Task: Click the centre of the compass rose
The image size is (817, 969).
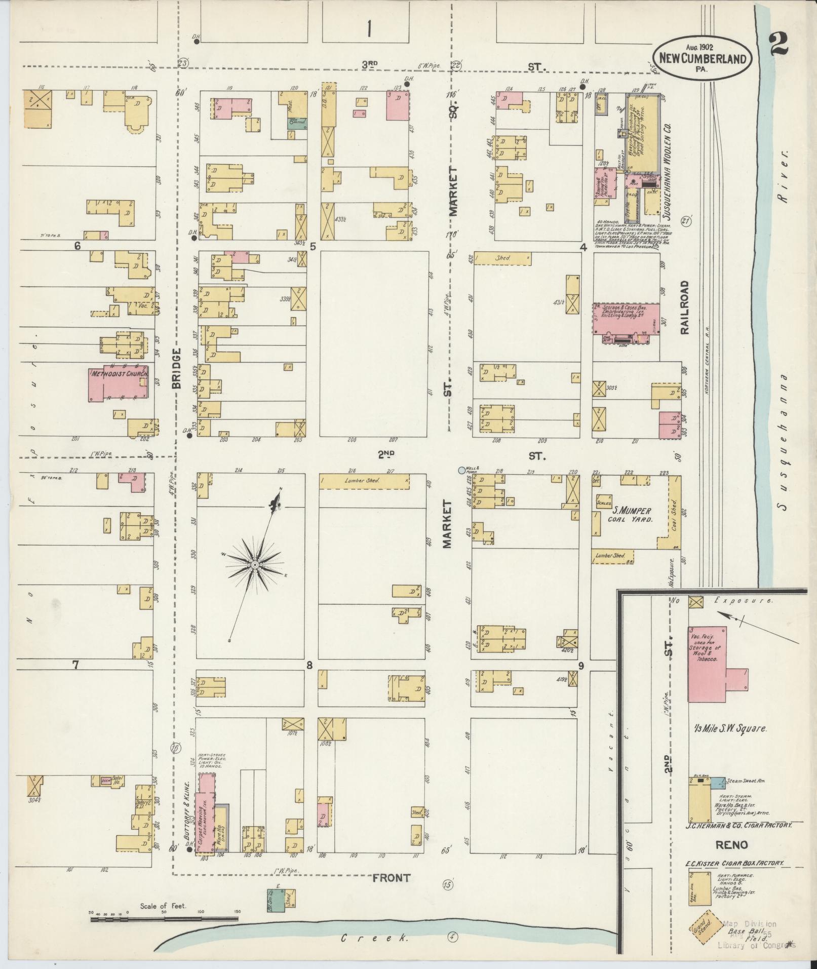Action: coord(255,564)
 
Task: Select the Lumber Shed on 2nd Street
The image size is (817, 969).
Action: coord(364,482)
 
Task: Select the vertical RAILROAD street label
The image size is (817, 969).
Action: coord(685,307)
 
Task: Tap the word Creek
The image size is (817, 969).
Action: coord(374,938)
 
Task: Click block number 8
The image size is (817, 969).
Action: coord(309,665)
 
